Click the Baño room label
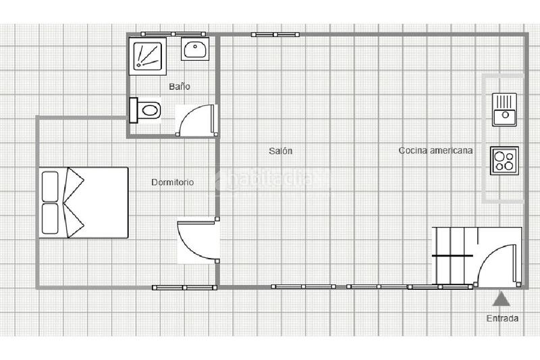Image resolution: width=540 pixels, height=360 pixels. point(179,87)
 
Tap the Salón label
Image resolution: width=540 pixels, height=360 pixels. point(280,151)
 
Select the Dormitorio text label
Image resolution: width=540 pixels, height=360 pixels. point(173,182)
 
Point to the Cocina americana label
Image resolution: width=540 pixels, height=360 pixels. point(435,151)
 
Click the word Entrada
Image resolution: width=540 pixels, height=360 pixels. point(502,318)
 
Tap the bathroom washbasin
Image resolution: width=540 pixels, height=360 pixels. point(195,49)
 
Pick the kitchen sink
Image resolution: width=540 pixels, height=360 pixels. point(503,109)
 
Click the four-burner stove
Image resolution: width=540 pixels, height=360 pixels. point(504,161)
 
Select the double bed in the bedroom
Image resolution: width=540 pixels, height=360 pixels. point(83,202)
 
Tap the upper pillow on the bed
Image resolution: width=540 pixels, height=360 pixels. point(50,186)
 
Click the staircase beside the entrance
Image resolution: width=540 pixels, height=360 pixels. point(454,256)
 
